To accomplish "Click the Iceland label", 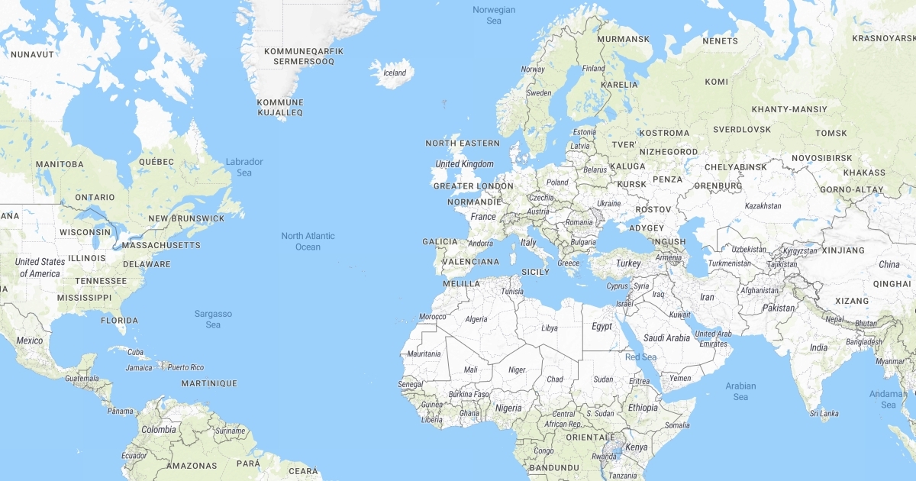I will coord(395,73).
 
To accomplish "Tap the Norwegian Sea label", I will coord(494,15).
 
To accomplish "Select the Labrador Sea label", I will coord(244,167).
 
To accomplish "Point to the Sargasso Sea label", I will coord(213,319).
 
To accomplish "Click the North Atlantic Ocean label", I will coord(308,241).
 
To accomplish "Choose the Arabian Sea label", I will coord(740,391).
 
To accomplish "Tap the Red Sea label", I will coord(640,357).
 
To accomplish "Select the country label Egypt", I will coord(602,326).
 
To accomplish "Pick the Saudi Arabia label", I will coord(666,338).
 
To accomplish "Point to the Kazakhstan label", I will coord(763,206).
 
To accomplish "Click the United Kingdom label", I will coord(464,164).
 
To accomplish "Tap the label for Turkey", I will coord(628,263).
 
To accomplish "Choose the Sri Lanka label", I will coord(824,414).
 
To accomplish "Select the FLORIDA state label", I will coord(119,321).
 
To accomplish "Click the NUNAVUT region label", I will coord(32,55).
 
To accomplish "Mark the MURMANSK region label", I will coord(623,39).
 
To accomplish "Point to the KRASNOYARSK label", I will coord(883,38).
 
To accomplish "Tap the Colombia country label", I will coord(158,430).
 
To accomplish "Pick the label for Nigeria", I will coord(508,408).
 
